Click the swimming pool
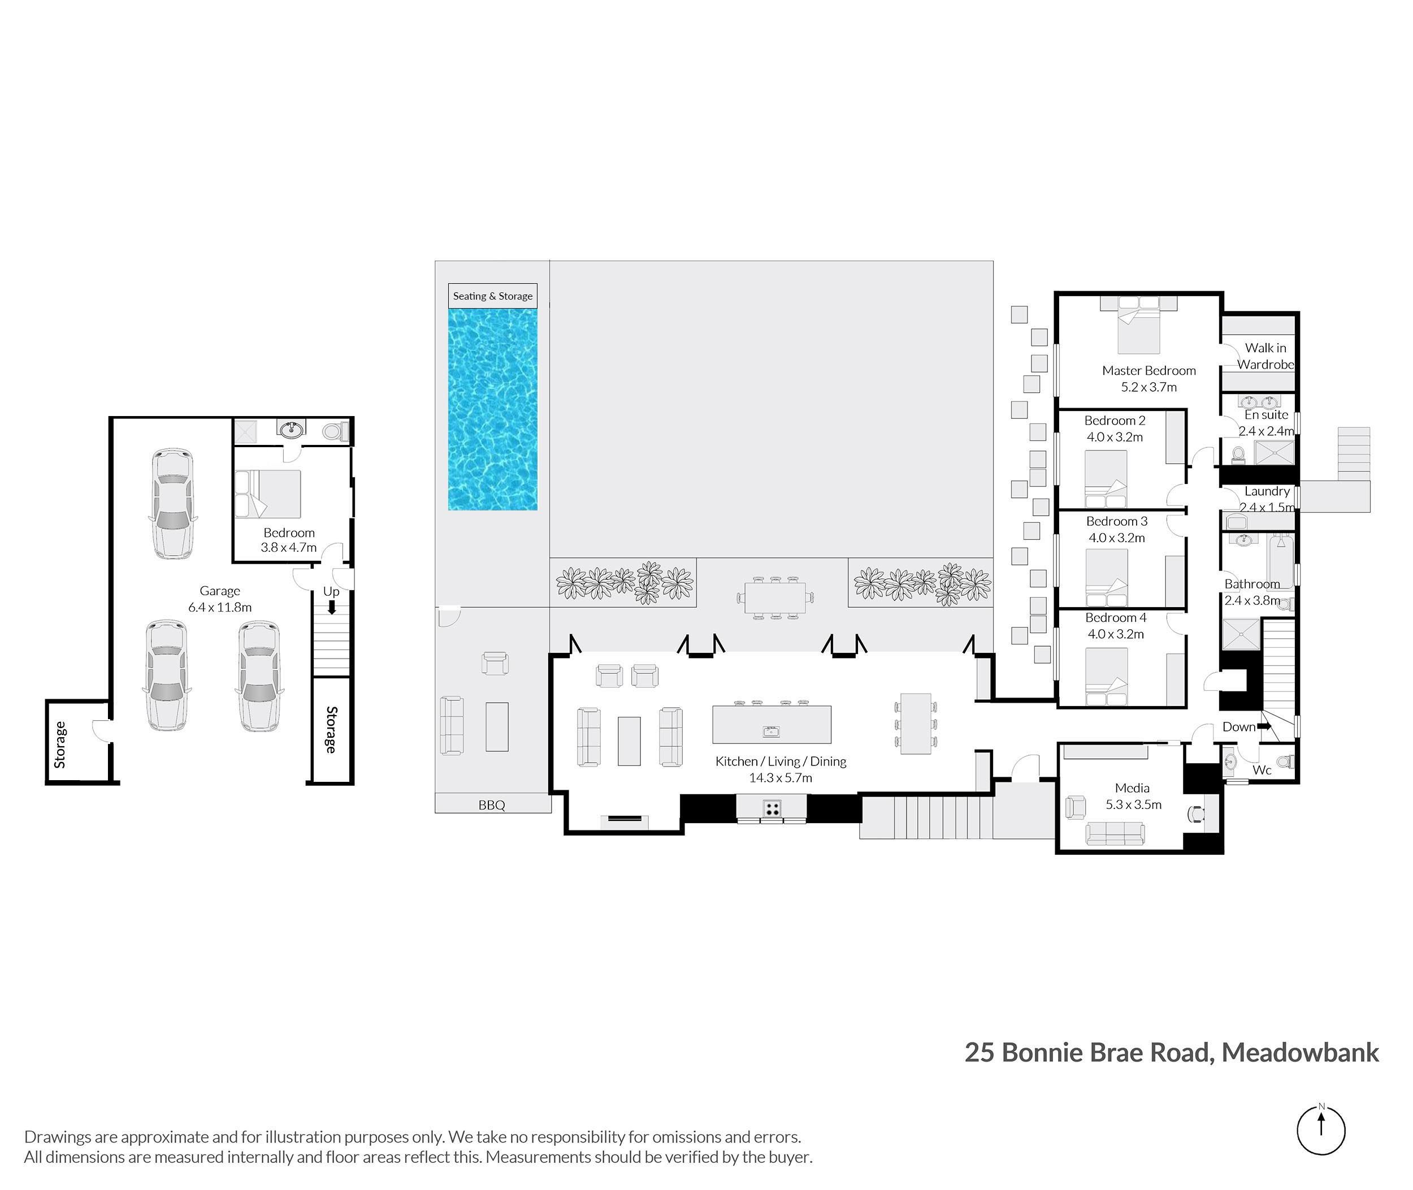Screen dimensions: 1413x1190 point(492,409)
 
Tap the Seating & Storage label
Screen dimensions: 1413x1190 point(492,296)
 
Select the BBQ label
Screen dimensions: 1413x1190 point(492,805)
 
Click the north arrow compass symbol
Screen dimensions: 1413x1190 point(1321,1131)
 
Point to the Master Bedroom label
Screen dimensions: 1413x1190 point(1148,370)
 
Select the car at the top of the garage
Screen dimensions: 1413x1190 point(172,503)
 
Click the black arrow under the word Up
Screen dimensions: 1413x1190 point(331,607)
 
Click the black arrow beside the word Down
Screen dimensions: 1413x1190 point(1264,726)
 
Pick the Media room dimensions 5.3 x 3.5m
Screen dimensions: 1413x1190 point(1133,804)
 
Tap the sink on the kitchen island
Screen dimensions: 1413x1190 point(771,732)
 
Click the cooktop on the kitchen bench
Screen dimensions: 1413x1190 point(771,808)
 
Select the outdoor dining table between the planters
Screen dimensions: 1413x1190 point(775,597)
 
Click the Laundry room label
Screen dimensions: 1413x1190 point(1267,491)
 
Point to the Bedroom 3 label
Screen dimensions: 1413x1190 point(1117,521)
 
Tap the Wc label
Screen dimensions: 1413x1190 point(1262,770)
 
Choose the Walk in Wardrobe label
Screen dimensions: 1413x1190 point(1265,356)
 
